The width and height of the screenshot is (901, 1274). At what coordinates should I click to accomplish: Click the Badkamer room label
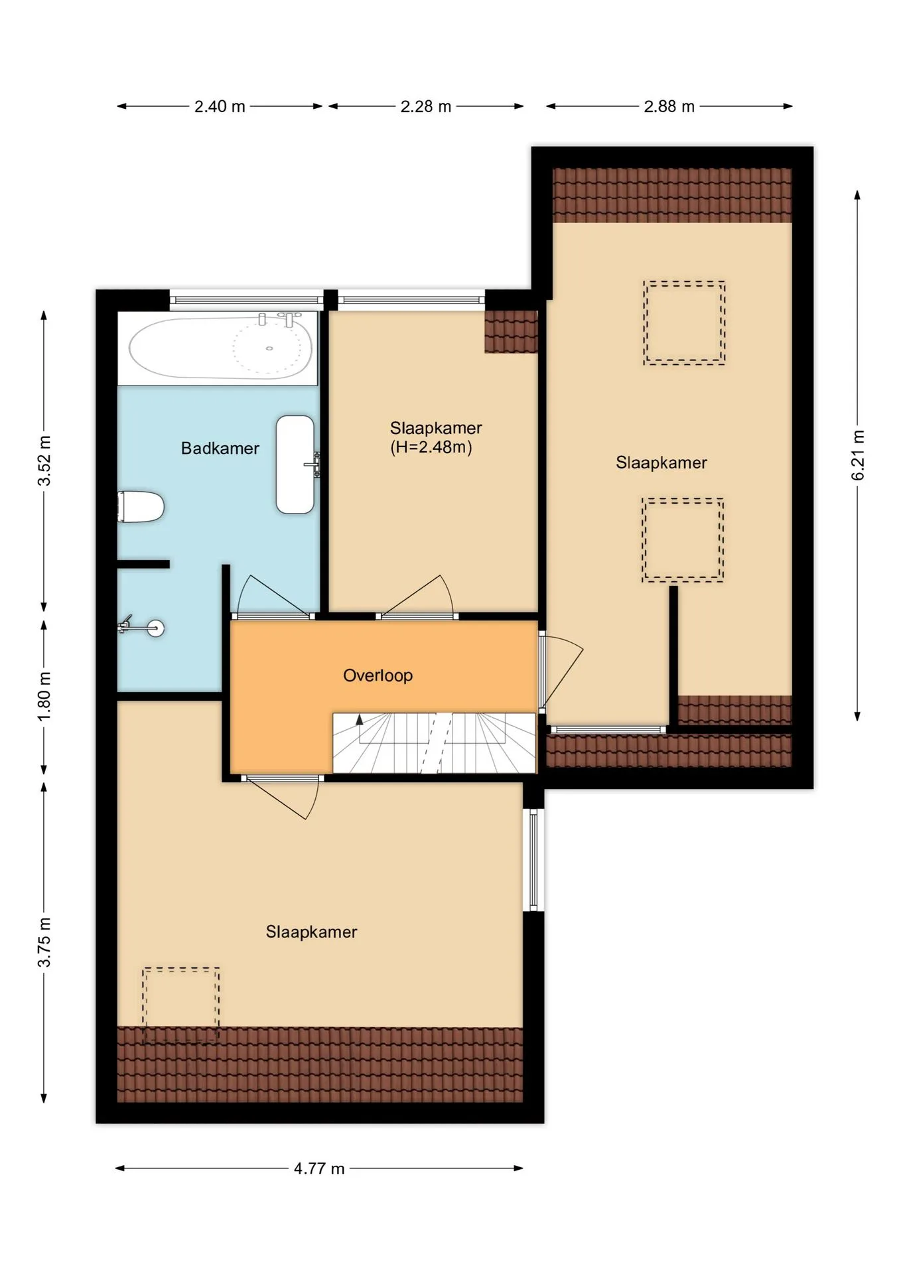coord(220,449)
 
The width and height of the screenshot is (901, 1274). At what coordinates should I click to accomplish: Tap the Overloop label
coord(378,675)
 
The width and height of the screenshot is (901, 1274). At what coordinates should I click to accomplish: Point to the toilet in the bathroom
coord(141,507)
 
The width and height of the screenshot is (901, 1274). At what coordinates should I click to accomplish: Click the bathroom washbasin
coord(295,464)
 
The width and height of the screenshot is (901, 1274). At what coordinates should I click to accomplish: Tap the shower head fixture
coord(141,626)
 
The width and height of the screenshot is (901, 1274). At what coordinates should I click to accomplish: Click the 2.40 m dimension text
coord(220,106)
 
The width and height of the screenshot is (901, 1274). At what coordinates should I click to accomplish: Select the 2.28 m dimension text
coord(426,106)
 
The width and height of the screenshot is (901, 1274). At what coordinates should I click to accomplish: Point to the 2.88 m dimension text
coord(669,106)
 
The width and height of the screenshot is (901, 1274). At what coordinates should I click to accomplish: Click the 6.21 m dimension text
coord(858,455)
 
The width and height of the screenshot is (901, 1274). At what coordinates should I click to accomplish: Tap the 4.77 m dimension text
coord(319,1168)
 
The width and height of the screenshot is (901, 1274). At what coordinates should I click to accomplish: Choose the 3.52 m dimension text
coord(44,460)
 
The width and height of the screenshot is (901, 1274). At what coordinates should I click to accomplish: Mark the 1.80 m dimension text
coord(44,697)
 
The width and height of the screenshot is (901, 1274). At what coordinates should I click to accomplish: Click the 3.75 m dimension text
coord(44,942)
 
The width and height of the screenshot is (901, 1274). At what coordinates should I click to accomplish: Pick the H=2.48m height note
coord(431,447)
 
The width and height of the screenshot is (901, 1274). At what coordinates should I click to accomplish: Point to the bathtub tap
coord(289,318)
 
